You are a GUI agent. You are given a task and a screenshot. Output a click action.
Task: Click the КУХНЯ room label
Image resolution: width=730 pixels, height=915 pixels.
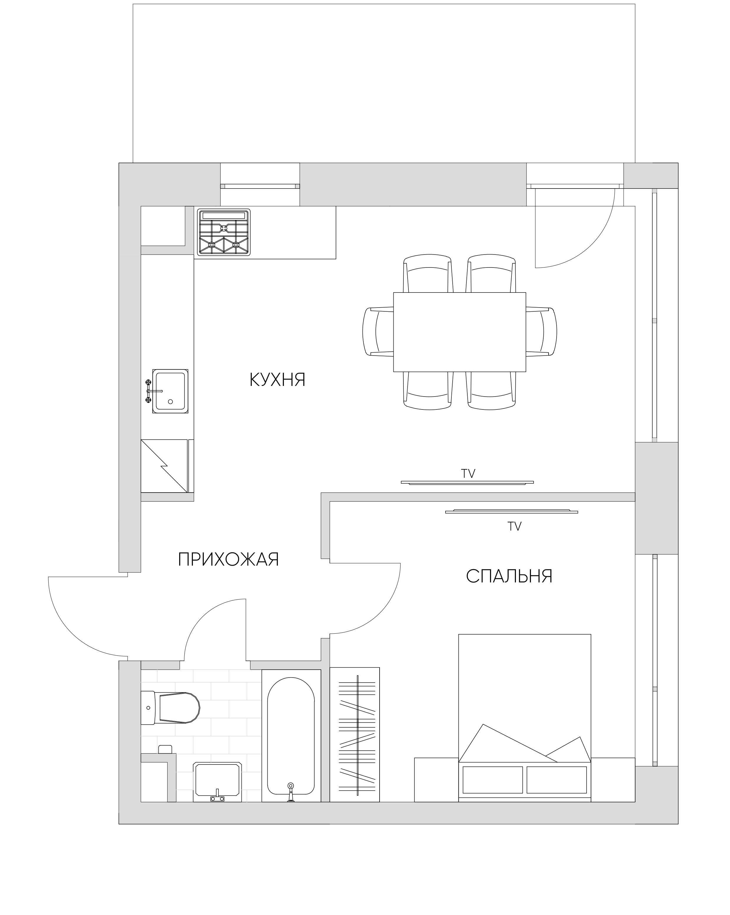(277, 380)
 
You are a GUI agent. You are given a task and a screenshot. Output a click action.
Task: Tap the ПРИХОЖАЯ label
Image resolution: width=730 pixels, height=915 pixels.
(229, 560)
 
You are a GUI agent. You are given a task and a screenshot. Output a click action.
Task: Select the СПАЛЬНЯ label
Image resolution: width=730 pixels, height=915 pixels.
(509, 576)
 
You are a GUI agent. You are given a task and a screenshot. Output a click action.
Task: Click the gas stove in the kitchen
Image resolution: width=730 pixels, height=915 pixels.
(224, 232)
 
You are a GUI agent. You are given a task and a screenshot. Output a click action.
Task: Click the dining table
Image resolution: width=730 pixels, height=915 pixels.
(459, 332)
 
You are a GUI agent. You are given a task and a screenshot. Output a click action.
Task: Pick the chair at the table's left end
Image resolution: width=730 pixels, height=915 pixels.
(378, 331)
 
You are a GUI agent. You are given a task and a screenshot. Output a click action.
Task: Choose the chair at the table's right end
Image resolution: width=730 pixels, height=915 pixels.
(542, 331)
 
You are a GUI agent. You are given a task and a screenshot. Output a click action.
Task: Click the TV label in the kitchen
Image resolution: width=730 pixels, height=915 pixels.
(468, 474)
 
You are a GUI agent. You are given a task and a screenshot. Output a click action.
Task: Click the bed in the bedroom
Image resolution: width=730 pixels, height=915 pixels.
(525, 718)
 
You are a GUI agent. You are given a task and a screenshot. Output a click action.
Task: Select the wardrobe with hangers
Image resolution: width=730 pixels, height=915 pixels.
(355, 735)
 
